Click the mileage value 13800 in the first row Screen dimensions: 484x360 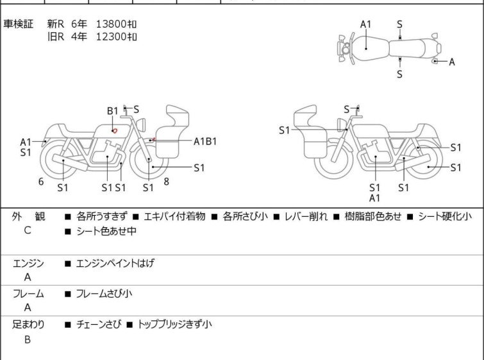[112, 24]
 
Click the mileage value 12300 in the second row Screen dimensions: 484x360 [112, 37]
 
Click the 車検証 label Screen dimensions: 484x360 [18, 24]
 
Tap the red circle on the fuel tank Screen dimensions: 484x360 [115, 131]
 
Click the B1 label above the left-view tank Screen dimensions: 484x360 [112, 110]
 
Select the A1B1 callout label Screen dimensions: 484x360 [205, 142]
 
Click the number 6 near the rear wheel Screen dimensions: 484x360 [41, 182]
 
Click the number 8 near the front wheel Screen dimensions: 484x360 [167, 182]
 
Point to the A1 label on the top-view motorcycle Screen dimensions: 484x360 [365, 24]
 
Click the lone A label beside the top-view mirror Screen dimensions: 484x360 [451, 62]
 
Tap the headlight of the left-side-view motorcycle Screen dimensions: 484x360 [141, 124]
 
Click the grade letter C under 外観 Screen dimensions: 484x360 [28, 230]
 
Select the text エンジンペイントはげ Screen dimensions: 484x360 [115, 263]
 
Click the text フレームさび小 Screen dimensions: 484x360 [104, 293]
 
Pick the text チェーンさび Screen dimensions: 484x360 [99, 324]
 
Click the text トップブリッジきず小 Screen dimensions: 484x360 [174, 324]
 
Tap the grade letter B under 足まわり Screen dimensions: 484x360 [28, 339]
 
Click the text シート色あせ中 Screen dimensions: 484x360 [106, 231]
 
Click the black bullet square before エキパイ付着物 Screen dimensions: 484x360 [135, 217]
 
